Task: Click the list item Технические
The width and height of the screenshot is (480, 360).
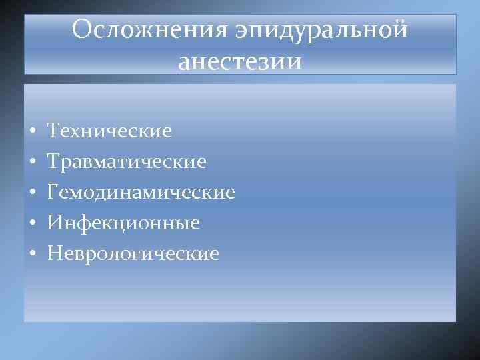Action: click(x=110, y=130)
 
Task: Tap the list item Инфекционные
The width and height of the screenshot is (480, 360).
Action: click(x=124, y=223)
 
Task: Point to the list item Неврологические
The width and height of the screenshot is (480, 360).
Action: click(x=133, y=253)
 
